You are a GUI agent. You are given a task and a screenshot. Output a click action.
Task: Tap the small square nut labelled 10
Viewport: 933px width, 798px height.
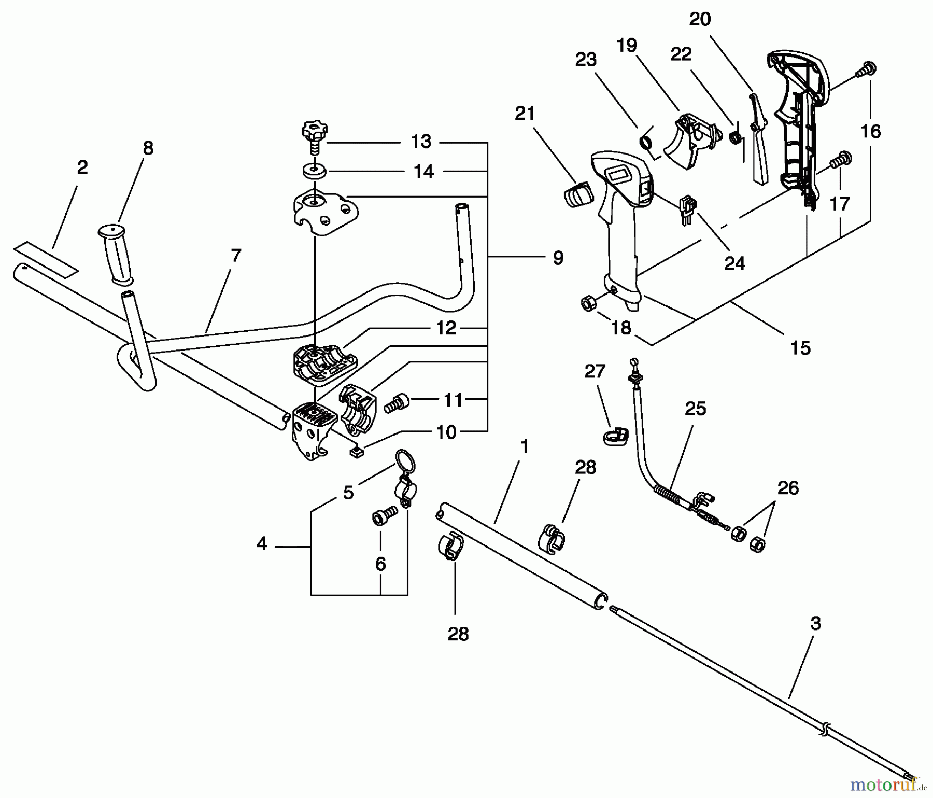pos(356,452)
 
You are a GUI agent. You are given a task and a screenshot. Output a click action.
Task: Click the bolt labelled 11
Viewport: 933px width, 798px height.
pos(397,403)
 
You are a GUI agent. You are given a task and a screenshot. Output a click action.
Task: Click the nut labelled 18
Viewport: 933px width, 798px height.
pos(588,302)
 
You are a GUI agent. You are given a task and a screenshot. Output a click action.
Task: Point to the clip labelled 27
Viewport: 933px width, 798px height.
pos(616,436)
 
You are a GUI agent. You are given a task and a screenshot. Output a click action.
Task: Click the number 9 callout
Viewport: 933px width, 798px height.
pos(558,258)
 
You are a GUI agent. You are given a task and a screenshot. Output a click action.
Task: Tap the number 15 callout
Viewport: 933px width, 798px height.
pos(800,348)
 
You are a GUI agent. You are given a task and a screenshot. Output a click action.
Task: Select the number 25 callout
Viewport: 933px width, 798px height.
pos(695,409)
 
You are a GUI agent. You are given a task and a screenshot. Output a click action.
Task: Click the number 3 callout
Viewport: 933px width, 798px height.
pos(815,624)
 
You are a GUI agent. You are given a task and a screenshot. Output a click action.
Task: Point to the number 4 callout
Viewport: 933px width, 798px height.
pos(262,544)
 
